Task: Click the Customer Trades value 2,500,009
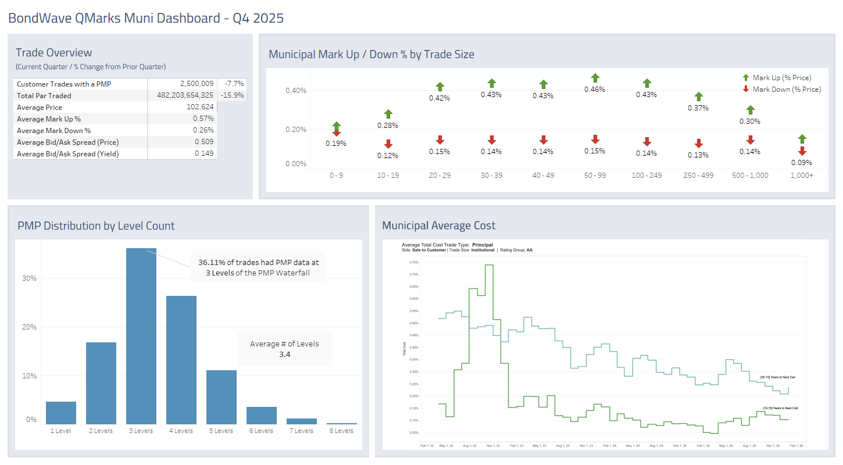pyautogui.click(x=197, y=84)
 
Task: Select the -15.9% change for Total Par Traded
pyautogui.click(x=232, y=96)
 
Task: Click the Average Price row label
pyautogui.click(x=40, y=108)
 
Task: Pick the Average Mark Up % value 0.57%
pyautogui.click(x=203, y=119)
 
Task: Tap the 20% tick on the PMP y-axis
pyautogui.click(x=29, y=327)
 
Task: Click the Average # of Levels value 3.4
pyautogui.click(x=284, y=354)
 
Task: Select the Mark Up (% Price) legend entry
pyautogui.click(x=781, y=78)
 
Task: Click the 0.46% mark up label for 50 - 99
pyautogui.click(x=595, y=90)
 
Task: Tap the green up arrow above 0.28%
pyautogui.click(x=388, y=114)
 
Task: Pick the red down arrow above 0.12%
pyautogui.click(x=388, y=144)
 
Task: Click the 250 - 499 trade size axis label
pyautogui.click(x=698, y=176)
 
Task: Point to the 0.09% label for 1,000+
pyautogui.click(x=802, y=163)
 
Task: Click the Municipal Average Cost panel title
pyautogui.click(x=438, y=226)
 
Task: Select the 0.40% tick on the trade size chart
pyautogui.click(x=296, y=91)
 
